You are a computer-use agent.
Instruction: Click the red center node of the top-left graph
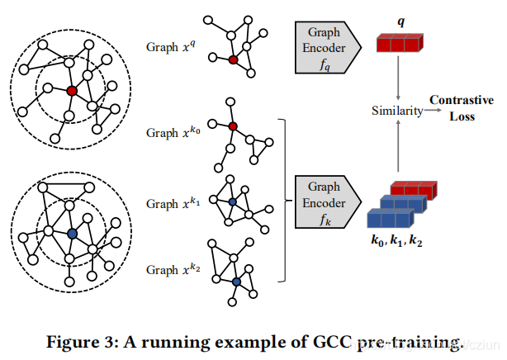(x=72, y=90)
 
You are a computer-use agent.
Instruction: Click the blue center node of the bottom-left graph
(x=72, y=235)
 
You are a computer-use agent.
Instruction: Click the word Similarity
(x=396, y=110)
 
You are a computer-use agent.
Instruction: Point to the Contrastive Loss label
(x=461, y=107)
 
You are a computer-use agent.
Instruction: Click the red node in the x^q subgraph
(x=233, y=59)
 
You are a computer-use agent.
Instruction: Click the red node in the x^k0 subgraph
(x=233, y=126)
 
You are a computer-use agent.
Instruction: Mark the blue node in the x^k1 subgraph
(x=232, y=201)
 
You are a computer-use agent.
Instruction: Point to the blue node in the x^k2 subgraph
(x=236, y=282)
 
